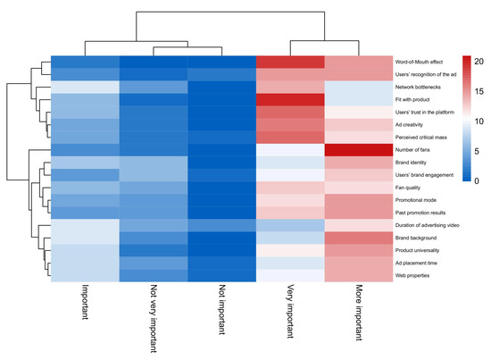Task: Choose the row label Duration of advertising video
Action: click(x=429, y=226)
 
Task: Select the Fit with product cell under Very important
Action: click(x=290, y=99)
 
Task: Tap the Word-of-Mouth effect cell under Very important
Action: click(x=290, y=62)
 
